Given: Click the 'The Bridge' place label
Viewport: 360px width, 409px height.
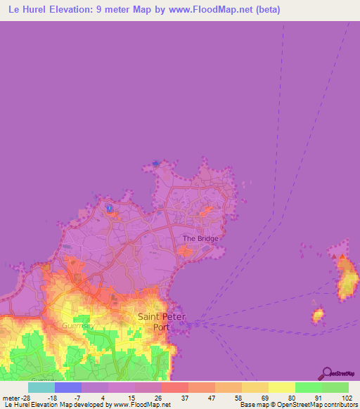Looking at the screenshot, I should click(x=200, y=238).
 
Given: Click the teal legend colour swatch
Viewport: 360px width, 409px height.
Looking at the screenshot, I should click(x=41, y=387).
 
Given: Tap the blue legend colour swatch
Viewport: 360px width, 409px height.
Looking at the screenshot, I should click(x=67, y=387).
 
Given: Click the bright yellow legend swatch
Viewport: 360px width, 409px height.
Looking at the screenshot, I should click(x=281, y=387).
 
